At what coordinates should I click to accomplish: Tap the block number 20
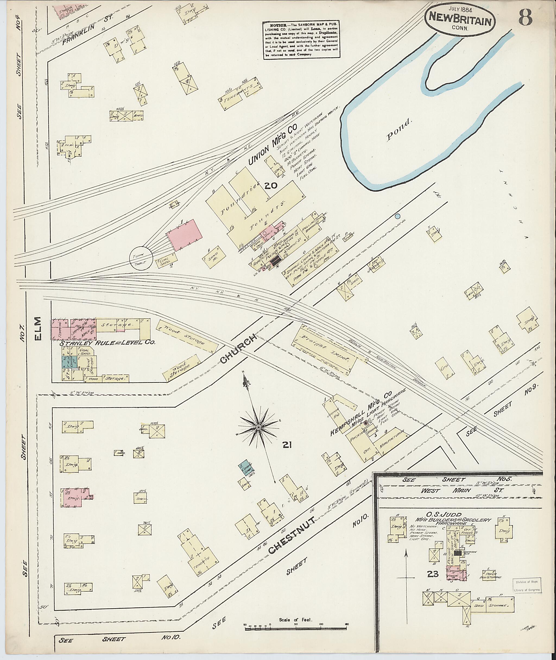[271, 186]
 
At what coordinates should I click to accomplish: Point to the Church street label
[241, 349]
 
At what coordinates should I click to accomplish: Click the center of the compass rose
[258, 427]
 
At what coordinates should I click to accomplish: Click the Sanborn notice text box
[302, 40]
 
